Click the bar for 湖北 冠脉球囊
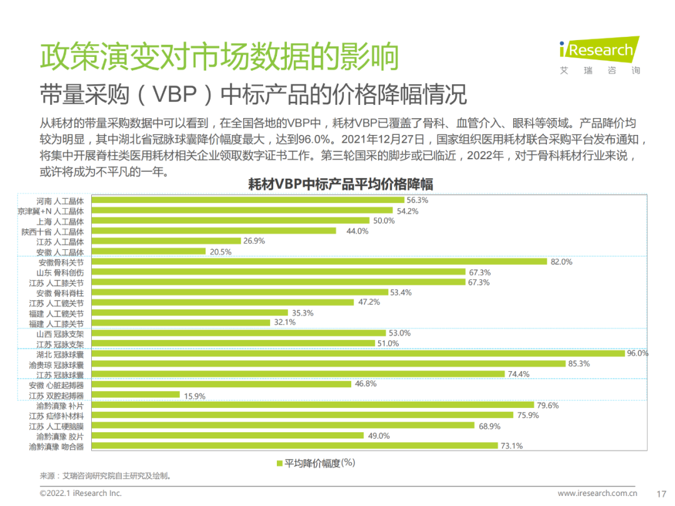[x=359, y=354]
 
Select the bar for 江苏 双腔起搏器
[x=136, y=395]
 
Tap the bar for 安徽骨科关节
[x=320, y=262]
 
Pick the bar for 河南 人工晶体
[x=249, y=201]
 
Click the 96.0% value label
[x=637, y=354]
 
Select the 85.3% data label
[x=579, y=364]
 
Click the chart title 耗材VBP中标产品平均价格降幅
[x=341, y=184]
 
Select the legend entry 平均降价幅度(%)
[x=316, y=463]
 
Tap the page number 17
[x=662, y=493]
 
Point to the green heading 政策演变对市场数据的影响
[x=219, y=57]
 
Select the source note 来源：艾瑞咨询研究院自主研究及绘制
[x=105, y=476]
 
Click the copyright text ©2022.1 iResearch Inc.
[x=81, y=493]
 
